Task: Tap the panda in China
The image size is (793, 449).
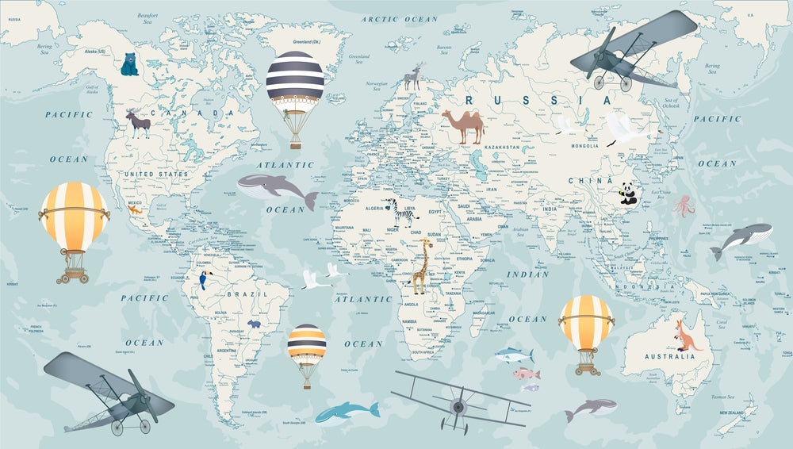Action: pos(628,194)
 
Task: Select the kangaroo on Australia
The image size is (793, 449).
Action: pos(687,334)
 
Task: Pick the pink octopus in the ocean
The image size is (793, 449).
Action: pos(684,206)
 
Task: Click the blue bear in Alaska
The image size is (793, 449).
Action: pos(129,64)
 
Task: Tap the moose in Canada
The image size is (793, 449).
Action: pos(138,123)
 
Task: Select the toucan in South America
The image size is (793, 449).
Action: pos(203,279)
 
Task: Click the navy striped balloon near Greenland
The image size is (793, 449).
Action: pos(295,80)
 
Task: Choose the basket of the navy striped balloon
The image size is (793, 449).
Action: pos(296,140)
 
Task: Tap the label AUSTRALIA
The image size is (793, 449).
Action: pos(671,356)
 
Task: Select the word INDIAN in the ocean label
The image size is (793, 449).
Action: pos(527,274)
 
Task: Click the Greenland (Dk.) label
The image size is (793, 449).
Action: pos(305,41)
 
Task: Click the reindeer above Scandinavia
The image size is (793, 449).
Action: pos(412,77)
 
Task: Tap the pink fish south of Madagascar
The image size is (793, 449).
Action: pos(526,374)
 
